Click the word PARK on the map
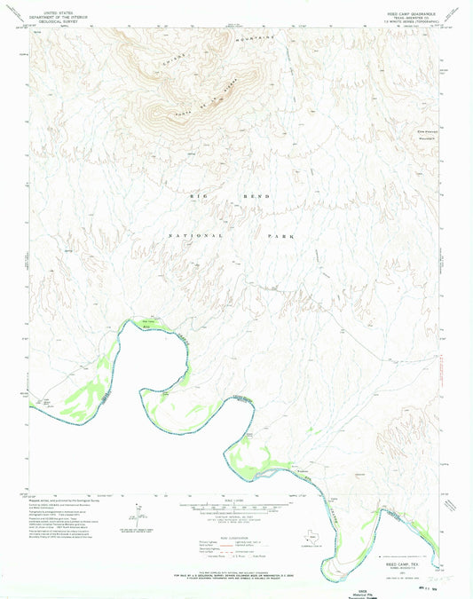point(279,237)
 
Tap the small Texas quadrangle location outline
point(364,537)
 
